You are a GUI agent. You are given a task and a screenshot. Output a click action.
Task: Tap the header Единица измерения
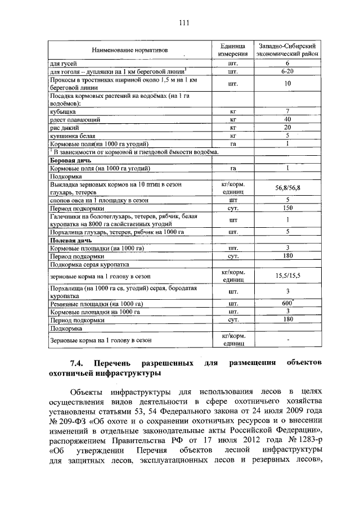pos(233,49)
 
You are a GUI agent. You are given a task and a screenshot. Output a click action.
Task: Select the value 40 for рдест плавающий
pos(287,120)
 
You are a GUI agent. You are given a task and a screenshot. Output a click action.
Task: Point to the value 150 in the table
pos(287,208)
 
